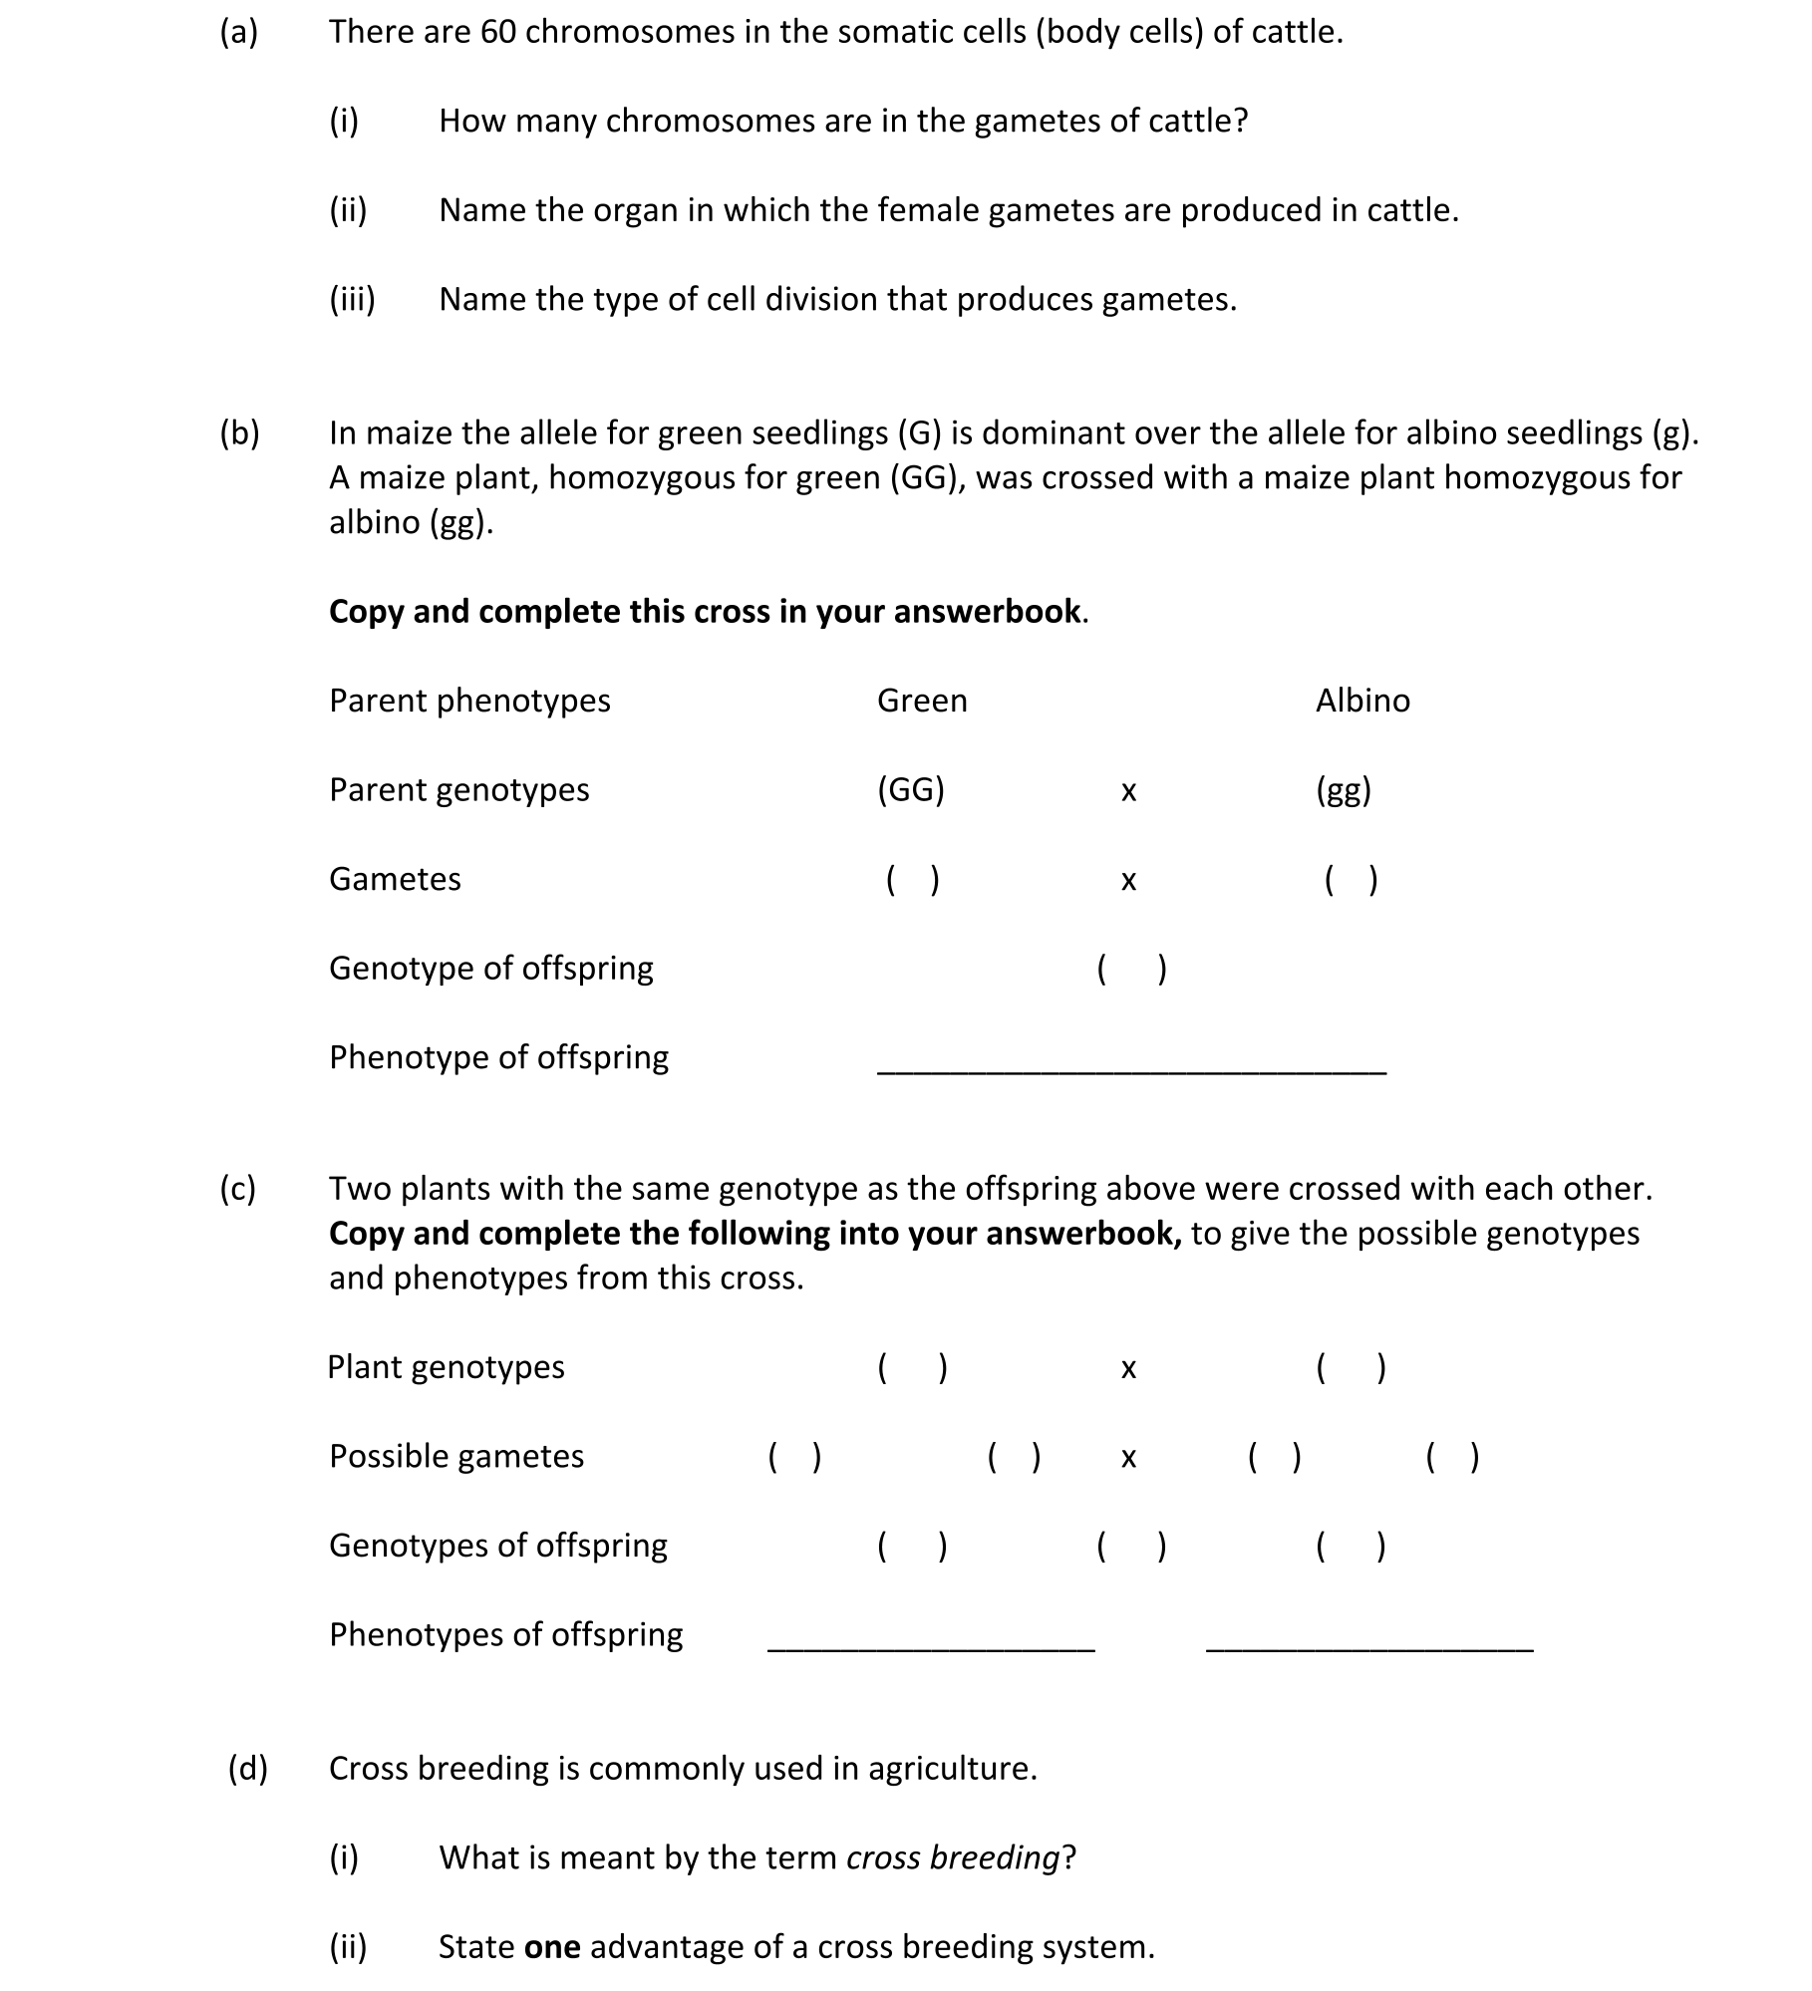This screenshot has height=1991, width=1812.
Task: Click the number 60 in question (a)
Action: [497, 32]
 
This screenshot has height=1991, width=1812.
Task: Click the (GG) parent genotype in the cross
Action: [910, 790]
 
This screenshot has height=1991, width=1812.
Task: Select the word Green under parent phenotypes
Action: [922, 701]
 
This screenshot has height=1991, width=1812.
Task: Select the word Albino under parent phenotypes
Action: [1362, 701]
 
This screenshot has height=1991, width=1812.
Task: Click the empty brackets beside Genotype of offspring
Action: [1131, 969]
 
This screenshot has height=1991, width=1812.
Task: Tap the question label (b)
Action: [239, 433]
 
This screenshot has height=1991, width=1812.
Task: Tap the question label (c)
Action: [238, 1189]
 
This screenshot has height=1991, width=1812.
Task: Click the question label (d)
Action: [248, 1768]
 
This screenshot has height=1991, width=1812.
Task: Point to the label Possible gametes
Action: [456, 1457]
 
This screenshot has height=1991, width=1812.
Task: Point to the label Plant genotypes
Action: [446, 1367]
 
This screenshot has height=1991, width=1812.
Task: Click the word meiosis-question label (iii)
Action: [352, 299]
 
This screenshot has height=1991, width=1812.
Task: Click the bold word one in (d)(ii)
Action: [552, 1947]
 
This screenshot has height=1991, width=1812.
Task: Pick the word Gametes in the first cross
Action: [395, 879]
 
